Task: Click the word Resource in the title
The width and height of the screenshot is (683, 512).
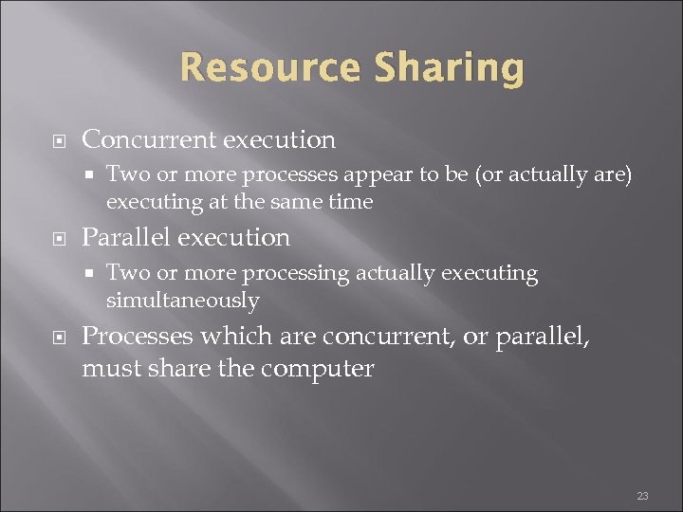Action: pos(268,68)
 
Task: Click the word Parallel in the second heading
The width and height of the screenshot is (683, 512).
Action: pos(124,237)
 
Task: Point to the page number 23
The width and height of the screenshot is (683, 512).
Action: pos(642,496)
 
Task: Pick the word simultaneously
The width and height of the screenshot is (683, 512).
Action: pos(182,301)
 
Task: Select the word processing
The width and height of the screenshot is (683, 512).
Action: pos(296,274)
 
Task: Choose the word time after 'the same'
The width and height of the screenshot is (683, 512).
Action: pos(350,202)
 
